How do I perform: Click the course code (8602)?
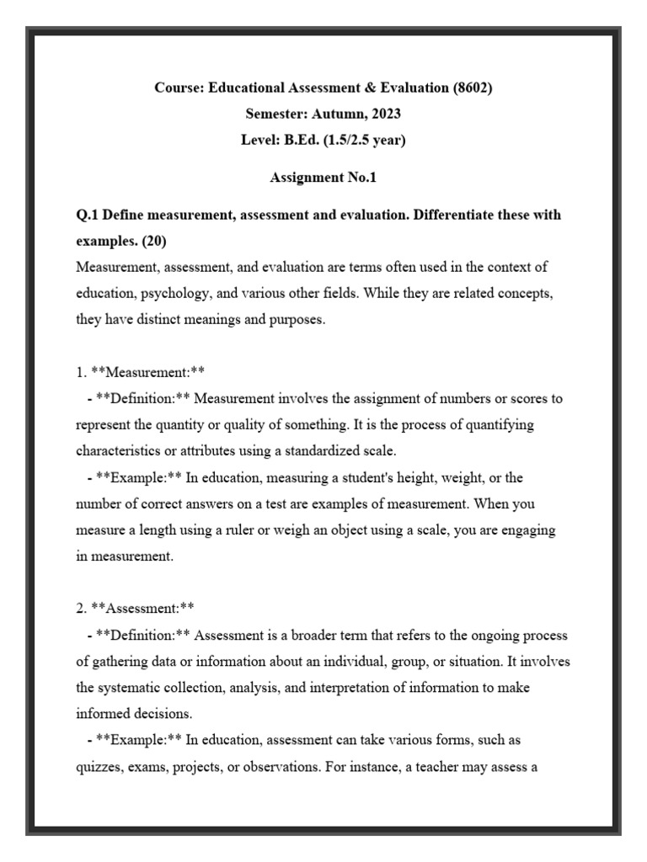tap(468, 88)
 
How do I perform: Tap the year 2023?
tap(383, 114)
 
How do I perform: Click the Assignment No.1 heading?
tap(323, 178)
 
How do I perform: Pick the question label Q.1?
tap(88, 215)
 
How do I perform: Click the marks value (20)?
tap(154, 242)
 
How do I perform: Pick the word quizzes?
tap(100, 767)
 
